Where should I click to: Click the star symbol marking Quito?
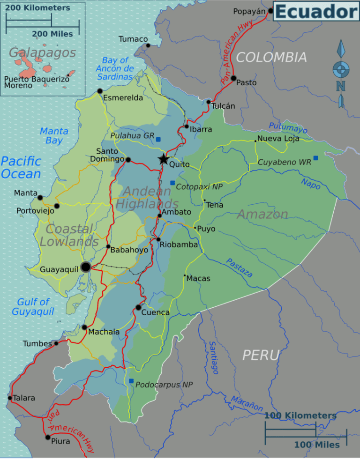163,159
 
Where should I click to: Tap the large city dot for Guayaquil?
86,267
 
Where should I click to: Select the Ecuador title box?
316,11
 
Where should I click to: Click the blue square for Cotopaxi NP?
172,183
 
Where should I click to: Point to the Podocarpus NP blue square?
131,381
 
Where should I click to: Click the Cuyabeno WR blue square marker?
315,158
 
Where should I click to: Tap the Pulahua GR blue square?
158,139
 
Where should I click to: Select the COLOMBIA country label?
271,57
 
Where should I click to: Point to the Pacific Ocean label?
21,168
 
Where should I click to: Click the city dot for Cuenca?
138,307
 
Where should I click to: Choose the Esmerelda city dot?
100,91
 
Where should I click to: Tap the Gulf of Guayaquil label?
33,307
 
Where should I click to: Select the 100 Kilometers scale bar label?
300,416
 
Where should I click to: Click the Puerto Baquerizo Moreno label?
36,82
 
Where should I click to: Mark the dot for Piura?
47,437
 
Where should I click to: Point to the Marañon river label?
247,403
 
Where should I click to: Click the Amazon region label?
262,215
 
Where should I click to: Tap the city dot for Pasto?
233,78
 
